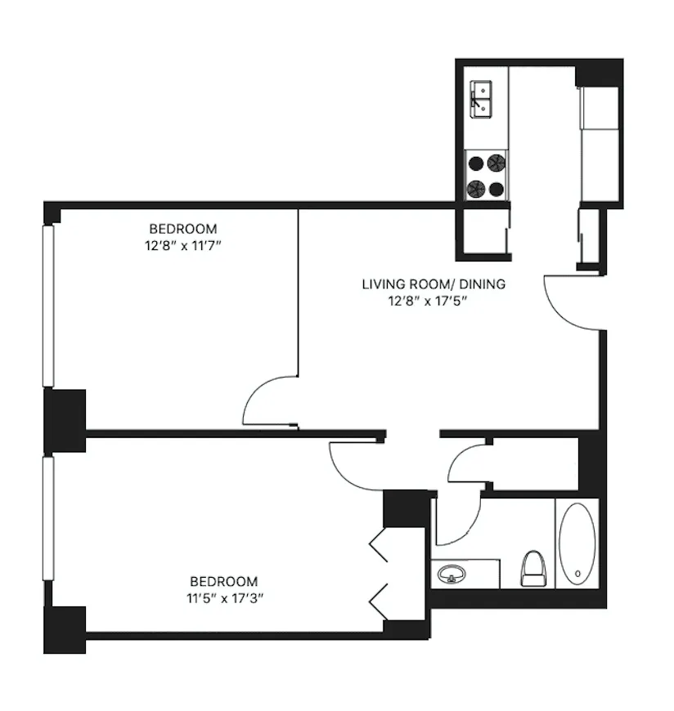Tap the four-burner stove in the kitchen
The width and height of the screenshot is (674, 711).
tap(486, 176)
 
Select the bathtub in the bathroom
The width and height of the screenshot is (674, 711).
tap(577, 543)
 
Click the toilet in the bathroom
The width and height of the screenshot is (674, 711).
tap(532, 567)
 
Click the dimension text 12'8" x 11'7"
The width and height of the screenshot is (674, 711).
tap(183, 244)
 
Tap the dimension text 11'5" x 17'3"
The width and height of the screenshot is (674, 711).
tap(223, 597)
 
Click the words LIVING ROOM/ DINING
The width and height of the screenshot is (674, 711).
tap(434, 284)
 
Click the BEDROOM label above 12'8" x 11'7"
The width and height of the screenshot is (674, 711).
tap(183, 229)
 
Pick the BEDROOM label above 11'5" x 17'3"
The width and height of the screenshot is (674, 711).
tap(223, 582)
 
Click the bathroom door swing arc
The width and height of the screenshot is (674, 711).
tap(455, 523)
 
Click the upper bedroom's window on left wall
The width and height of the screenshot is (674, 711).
tap(48, 306)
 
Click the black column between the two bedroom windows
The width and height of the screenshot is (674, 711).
tap(65, 420)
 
